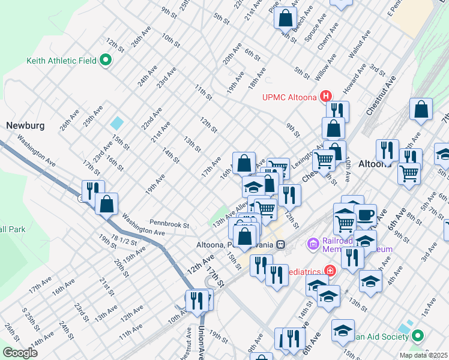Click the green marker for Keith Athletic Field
click(x=106, y=61)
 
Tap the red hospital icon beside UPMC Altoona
click(x=326, y=96)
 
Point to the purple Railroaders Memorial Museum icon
click(x=312, y=244)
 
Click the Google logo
click(x=20, y=353)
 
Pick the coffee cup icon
click(x=366, y=215)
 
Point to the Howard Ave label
click(x=351, y=85)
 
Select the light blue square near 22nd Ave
click(x=117, y=123)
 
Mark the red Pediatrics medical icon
click(x=330, y=271)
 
